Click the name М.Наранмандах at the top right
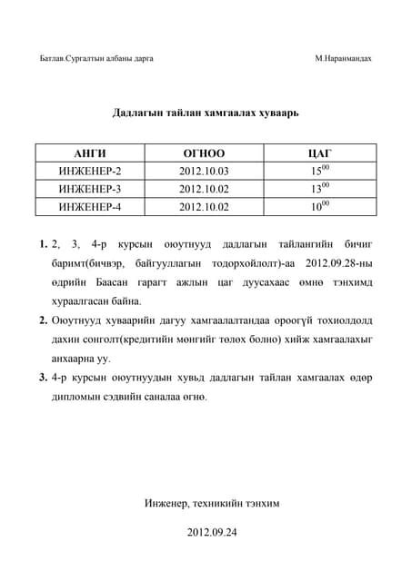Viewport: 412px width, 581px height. point(343,59)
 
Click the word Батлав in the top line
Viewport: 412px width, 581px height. point(53,59)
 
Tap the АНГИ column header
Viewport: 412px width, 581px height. point(89,153)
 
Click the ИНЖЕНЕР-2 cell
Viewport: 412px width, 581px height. point(89,171)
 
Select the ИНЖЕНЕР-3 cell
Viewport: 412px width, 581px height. point(89,189)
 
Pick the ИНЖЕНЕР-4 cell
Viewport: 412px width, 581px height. point(89,207)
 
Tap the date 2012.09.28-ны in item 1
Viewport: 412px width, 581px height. point(340,263)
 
